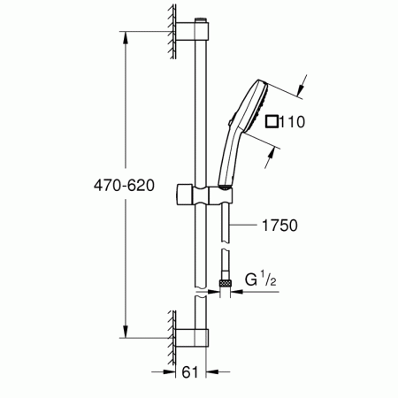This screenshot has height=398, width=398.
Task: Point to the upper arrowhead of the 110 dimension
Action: pyautogui.click(x=302, y=88)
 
